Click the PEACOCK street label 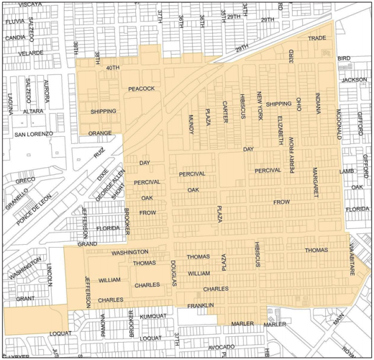coord(142,89)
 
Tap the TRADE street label coord(316,38)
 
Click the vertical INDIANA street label coord(316,105)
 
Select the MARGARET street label coord(315,182)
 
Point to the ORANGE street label coord(101,134)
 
